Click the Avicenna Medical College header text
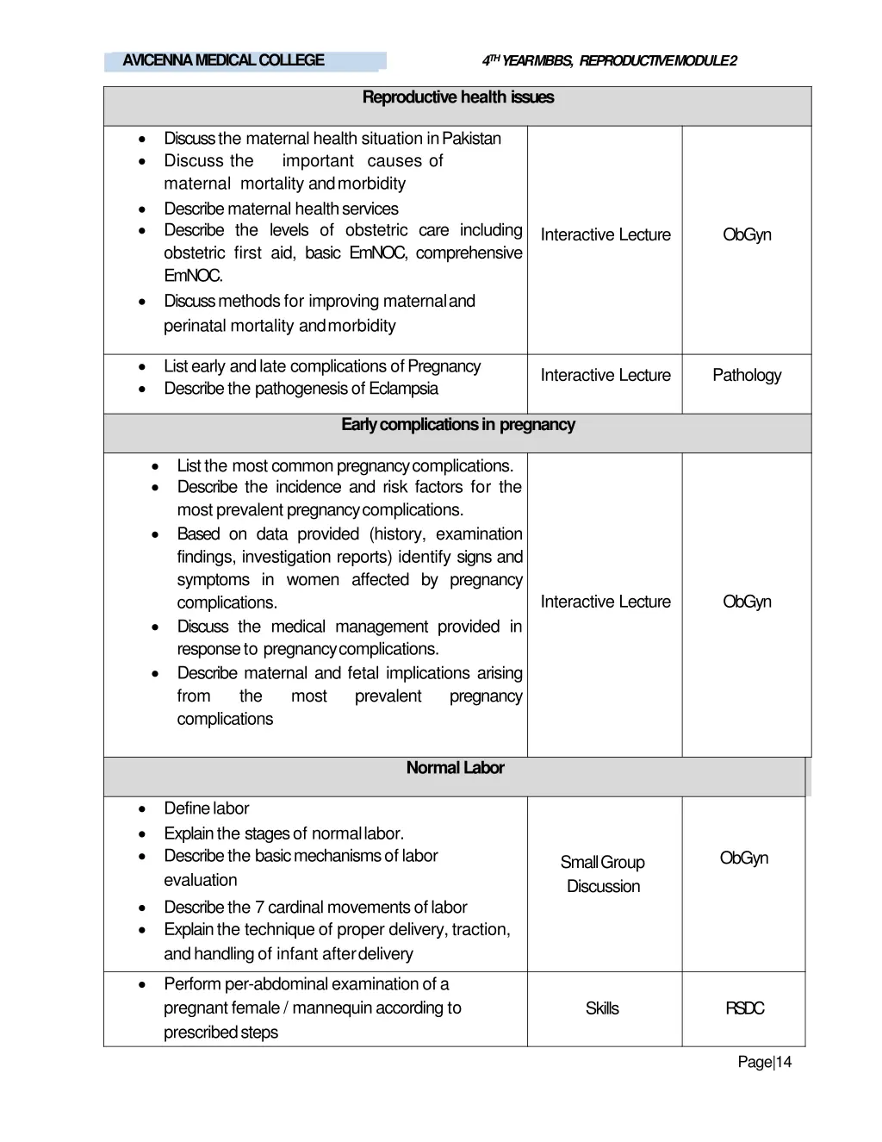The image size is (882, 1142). tap(223, 60)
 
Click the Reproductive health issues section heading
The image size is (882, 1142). tap(457, 97)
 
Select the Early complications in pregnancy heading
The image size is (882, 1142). tap(457, 425)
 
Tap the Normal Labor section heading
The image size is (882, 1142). tap(455, 768)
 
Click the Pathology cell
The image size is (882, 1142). tap(747, 375)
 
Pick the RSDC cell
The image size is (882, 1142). tap(744, 1008)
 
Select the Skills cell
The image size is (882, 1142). tap(602, 1008)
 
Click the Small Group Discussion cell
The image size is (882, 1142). tap(603, 874)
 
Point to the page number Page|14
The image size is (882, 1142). tap(764, 1062)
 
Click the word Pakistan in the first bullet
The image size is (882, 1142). tap(471, 139)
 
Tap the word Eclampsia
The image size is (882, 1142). tap(403, 389)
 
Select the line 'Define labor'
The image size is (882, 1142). tap(207, 808)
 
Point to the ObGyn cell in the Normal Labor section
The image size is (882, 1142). tap(744, 858)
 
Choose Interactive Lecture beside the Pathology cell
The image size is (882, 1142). tap(606, 375)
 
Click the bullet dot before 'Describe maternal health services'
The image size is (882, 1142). tap(142, 209)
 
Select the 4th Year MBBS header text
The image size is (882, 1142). tap(609, 60)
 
